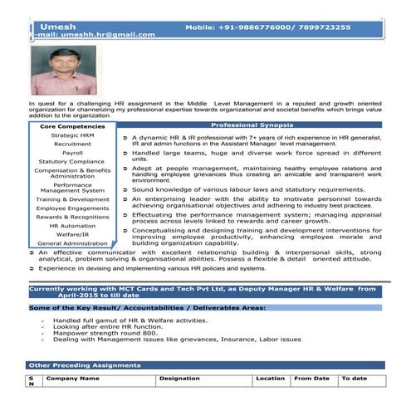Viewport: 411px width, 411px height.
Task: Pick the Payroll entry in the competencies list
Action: coord(72,153)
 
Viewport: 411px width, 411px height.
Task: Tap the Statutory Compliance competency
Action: coord(72,161)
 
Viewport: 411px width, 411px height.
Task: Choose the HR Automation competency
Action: coord(72,225)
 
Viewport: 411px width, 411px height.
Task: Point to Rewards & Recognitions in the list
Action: coord(72,217)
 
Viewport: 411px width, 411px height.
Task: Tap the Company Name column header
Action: coord(73,378)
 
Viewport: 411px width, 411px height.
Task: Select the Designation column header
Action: coord(179,378)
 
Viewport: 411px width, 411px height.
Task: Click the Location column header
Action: coord(270,378)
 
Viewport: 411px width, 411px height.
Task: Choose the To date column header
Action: coord(354,378)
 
